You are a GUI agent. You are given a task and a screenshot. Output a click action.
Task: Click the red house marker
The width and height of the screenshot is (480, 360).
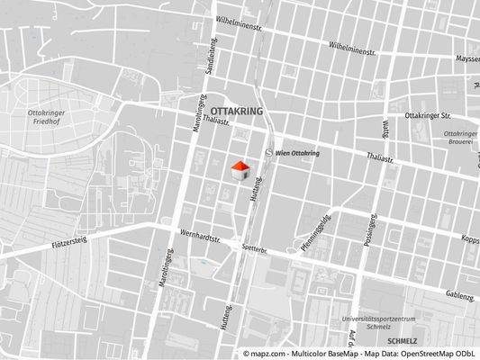[240, 169]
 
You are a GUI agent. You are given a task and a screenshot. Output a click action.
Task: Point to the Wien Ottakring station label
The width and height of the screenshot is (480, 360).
[297, 154]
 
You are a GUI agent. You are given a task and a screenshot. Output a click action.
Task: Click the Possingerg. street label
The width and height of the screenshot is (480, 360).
[367, 234]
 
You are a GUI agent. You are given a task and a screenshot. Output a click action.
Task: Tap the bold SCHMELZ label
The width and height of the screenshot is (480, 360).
[403, 343]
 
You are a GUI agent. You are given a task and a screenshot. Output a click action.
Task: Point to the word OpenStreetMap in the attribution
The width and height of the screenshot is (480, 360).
[425, 355]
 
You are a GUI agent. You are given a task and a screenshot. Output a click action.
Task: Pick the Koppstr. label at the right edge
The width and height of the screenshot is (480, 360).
[469, 240]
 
